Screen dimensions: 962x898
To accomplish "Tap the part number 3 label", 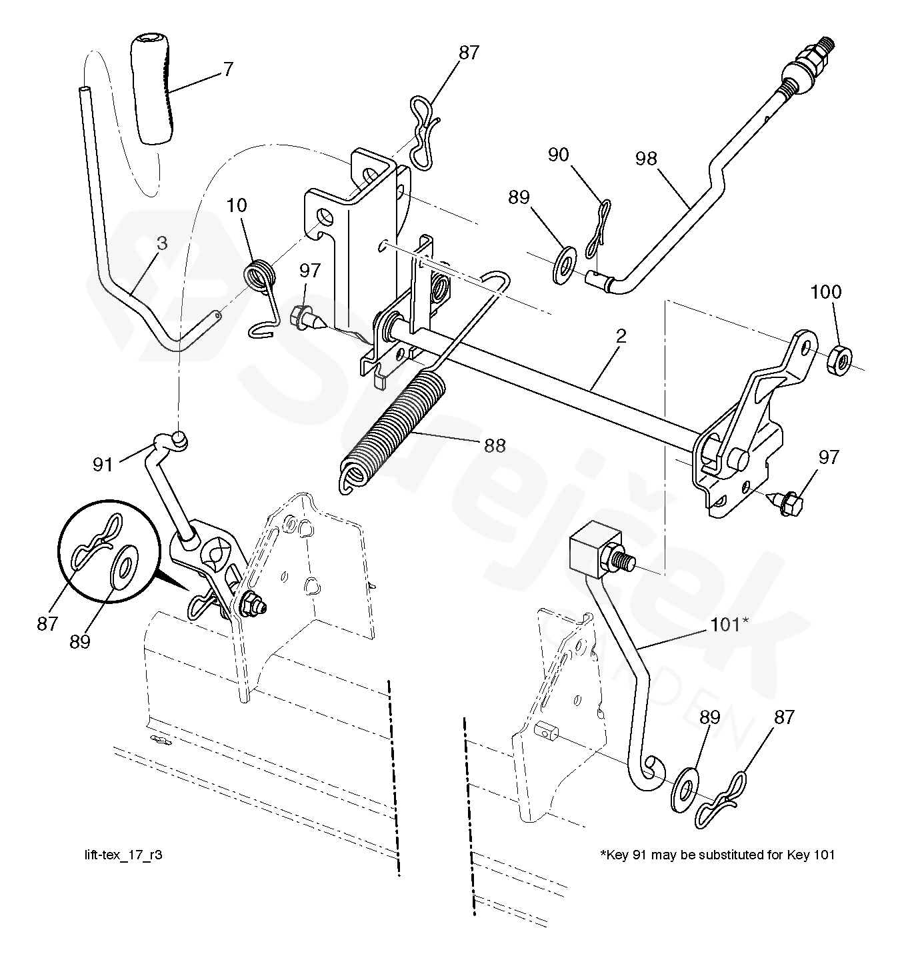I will (x=162, y=243).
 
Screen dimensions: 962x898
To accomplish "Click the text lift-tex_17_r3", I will (x=119, y=855).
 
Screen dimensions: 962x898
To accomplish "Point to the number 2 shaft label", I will (x=621, y=336).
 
